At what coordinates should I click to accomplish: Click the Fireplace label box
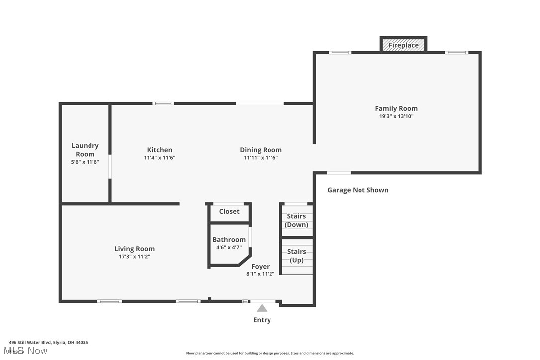[x=403, y=45]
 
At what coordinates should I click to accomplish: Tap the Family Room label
[x=396, y=108]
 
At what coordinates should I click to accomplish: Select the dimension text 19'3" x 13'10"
[x=396, y=116]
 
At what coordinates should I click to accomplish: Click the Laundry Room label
[x=85, y=150]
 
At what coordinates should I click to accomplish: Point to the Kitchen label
[x=160, y=150]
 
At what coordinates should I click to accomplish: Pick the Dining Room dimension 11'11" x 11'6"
[x=261, y=158]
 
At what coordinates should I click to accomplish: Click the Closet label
[x=229, y=211]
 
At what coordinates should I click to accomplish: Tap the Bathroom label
[x=229, y=239]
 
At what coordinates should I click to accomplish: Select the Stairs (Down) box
[x=296, y=220]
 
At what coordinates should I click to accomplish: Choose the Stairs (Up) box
[x=296, y=256]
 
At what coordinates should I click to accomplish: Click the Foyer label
[x=260, y=266]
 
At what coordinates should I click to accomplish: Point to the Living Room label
[x=134, y=249]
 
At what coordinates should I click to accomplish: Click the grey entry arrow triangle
[x=262, y=308]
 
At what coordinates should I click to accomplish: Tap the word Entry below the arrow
[x=262, y=320]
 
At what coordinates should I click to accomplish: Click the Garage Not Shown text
[x=358, y=190]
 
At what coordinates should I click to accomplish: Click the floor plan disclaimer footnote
[x=270, y=353]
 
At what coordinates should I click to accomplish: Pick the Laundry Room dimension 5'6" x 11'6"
[x=85, y=162]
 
